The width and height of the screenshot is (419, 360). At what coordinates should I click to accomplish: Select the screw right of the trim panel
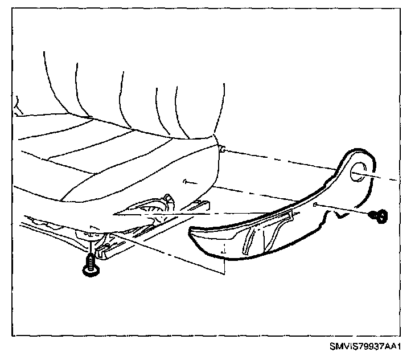[380, 216]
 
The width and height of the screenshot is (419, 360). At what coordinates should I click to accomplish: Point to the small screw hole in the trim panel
[314, 204]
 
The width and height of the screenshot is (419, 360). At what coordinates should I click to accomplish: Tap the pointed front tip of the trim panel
[192, 232]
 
